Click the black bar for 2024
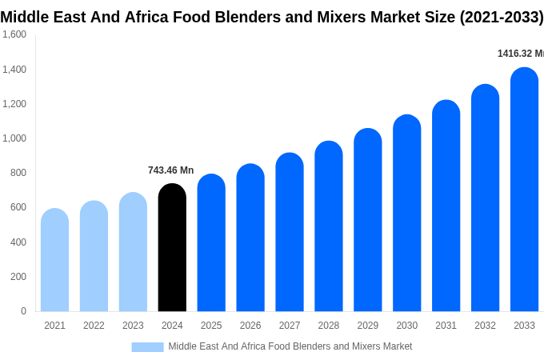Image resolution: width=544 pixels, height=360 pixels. pyautogui.click(x=172, y=248)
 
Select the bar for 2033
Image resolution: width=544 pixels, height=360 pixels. pyautogui.click(x=524, y=190)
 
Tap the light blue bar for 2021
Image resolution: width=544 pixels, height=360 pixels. pyautogui.click(x=54, y=260)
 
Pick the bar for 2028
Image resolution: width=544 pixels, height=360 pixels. pyautogui.click(x=329, y=226)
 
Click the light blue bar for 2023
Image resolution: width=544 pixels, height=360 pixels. pyautogui.click(x=133, y=252)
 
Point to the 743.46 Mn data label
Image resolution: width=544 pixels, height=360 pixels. pyautogui.click(x=170, y=170)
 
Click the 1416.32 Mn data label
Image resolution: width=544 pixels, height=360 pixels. pyautogui.click(x=520, y=54)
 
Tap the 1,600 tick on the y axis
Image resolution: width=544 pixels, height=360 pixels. pyautogui.click(x=14, y=34)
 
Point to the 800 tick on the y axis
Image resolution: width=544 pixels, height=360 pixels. pyautogui.click(x=18, y=173)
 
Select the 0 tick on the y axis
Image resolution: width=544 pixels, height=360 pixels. pyautogui.click(x=23, y=311)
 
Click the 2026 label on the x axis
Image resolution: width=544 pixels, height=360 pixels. pyautogui.click(x=250, y=326)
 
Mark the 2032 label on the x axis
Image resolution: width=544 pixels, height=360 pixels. pyautogui.click(x=485, y=326)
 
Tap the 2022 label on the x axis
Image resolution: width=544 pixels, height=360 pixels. pyautogui.click(x=94, y=326)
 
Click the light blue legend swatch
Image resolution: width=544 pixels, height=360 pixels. pyautogui.click(x=147, y=347)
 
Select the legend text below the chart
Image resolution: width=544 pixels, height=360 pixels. pyautogui.click(x=290, y=346)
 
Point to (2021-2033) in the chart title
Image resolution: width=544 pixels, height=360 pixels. pyautogui.click(x=501, y=17)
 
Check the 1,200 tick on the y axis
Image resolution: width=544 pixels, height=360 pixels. pyautogui.click(x=14, y=104)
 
